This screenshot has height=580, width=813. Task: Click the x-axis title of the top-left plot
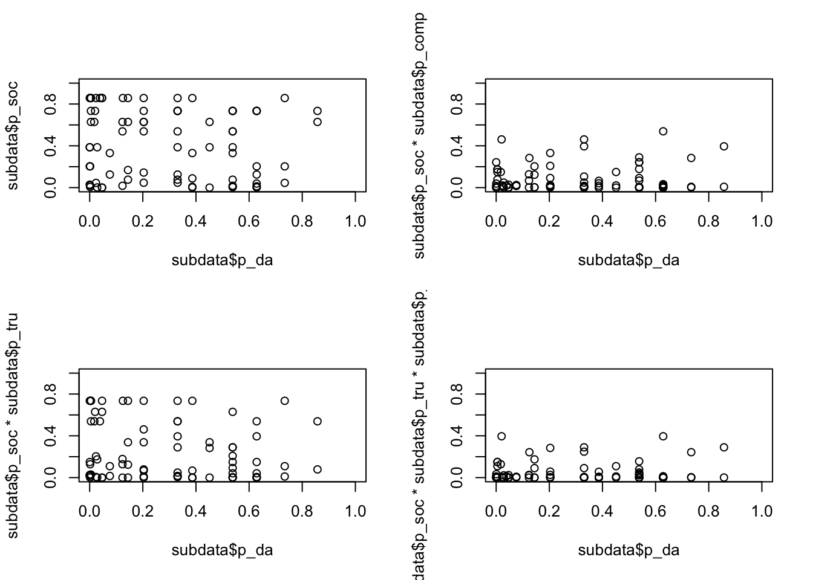click(222, 260)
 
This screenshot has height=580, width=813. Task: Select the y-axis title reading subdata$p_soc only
click(13, 135)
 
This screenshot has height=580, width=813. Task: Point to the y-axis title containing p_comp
click(419, 135)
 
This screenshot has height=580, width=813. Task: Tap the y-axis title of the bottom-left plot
click(13, 425)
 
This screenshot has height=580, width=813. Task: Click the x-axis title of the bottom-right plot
click(629, 550)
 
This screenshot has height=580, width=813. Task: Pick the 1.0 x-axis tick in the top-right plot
click(762, 222)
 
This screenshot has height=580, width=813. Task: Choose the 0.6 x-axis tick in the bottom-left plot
click(249, 512)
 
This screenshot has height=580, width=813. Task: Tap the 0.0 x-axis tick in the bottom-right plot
click(496, 512)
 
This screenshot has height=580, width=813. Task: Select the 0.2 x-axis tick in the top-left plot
click(143, 222)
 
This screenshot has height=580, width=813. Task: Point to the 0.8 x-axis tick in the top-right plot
click(708, 222)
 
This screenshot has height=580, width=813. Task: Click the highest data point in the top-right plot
click(663, 131)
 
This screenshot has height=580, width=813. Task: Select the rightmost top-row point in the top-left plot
click(285, 98)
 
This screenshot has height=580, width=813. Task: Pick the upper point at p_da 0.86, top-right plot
click(724, 146)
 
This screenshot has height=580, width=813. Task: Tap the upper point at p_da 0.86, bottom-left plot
click(318, 421)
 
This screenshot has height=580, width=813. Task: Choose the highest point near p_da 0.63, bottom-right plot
click(663, 436)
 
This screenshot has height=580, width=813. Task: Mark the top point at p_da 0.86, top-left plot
click(318, 111)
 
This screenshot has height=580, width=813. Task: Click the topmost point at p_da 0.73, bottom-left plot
click(285, 401)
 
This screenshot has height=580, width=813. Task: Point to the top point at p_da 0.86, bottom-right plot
click(724, 447)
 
